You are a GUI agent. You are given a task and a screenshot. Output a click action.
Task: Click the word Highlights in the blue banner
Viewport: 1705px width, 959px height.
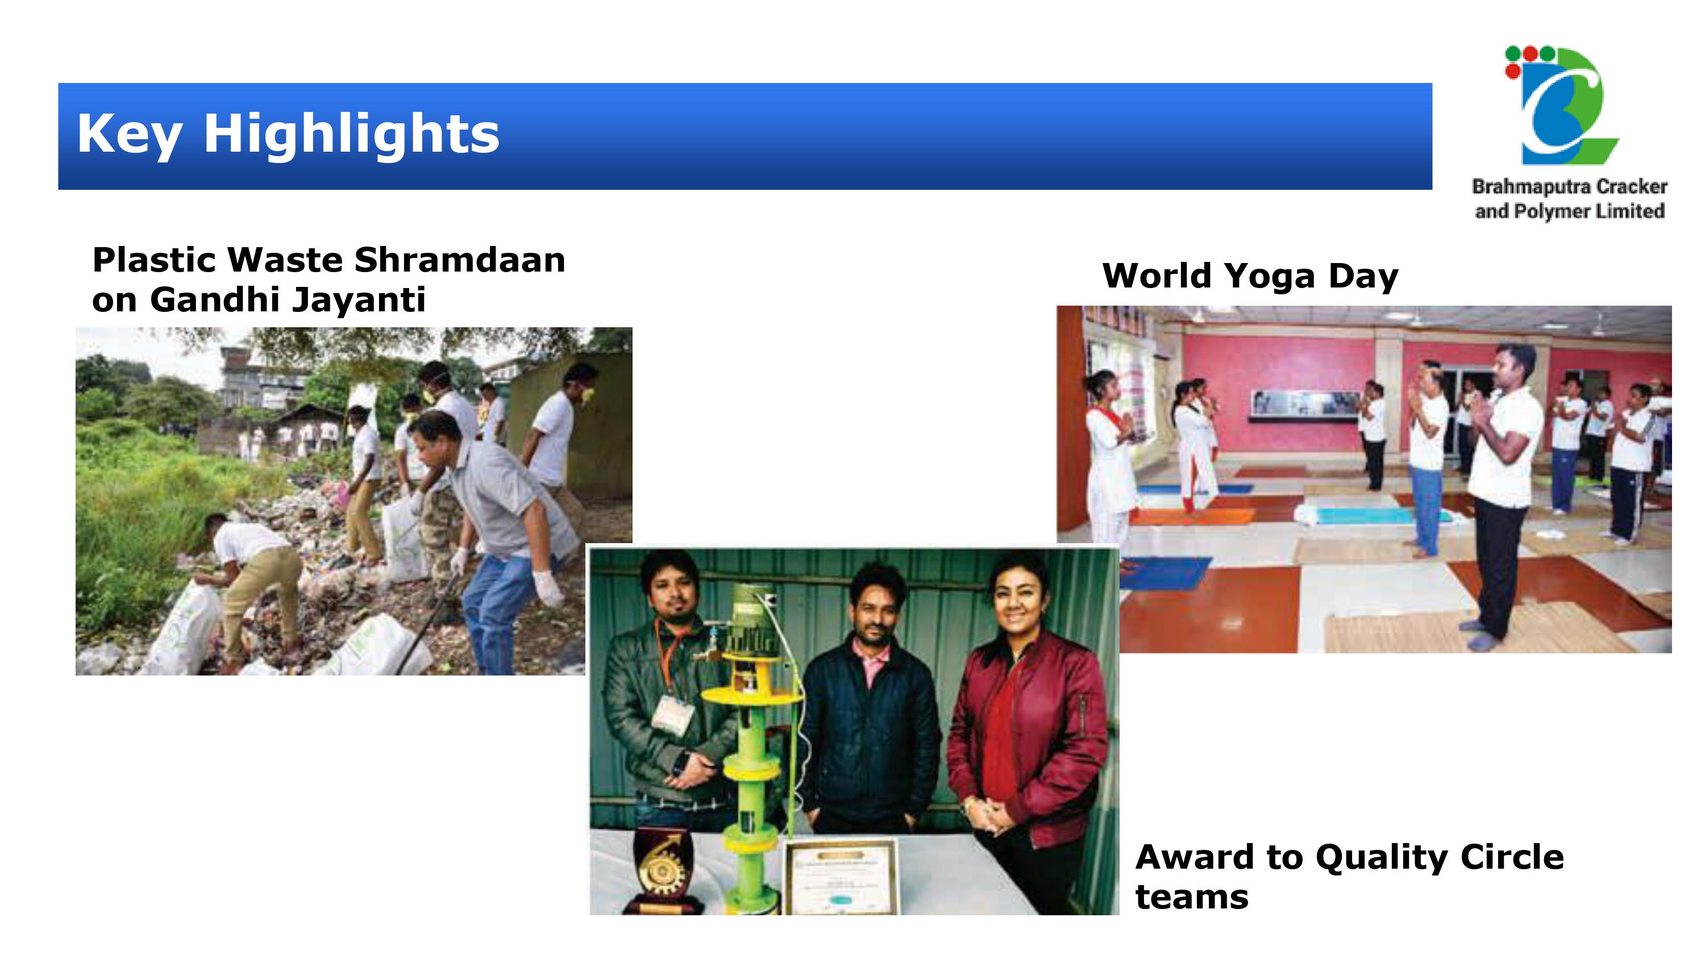click(351, 134)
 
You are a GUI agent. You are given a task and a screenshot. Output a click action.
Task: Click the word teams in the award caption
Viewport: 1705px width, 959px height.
click(1192, 898)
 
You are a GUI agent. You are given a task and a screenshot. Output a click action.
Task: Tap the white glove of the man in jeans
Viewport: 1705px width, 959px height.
click(548, 587)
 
